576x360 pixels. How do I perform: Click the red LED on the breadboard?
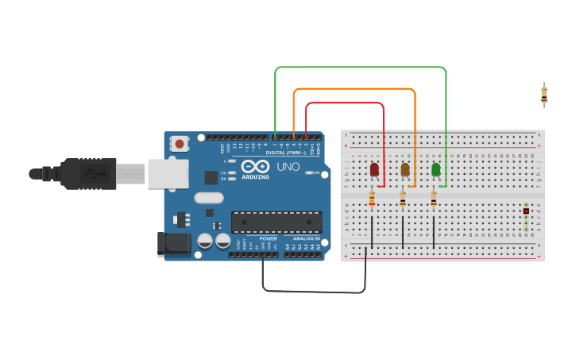pos(374,168)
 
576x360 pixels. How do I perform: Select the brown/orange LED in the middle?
pos(405,168)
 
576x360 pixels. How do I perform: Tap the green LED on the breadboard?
pos(435,168)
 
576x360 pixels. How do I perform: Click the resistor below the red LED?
pos(372,199)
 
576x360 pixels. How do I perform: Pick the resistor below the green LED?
pos(434,199)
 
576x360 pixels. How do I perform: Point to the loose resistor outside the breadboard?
pos(544,95)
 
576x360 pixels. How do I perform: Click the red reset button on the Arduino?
pos(180,144)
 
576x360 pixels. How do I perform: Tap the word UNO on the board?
pos(288,167)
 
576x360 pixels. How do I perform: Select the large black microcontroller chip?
pos(276,222)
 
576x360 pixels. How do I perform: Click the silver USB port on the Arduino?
pos(168,173)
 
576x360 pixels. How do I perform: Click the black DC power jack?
pos(174,244)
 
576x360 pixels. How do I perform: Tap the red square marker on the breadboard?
pos(526,211)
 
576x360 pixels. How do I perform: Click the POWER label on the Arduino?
pos(269,238)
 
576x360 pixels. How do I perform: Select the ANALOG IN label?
pos(307,238)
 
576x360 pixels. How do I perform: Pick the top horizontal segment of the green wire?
pos(360,68)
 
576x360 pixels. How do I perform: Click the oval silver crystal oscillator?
pos(208,198)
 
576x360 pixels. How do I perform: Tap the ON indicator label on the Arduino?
pos(316,172)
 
